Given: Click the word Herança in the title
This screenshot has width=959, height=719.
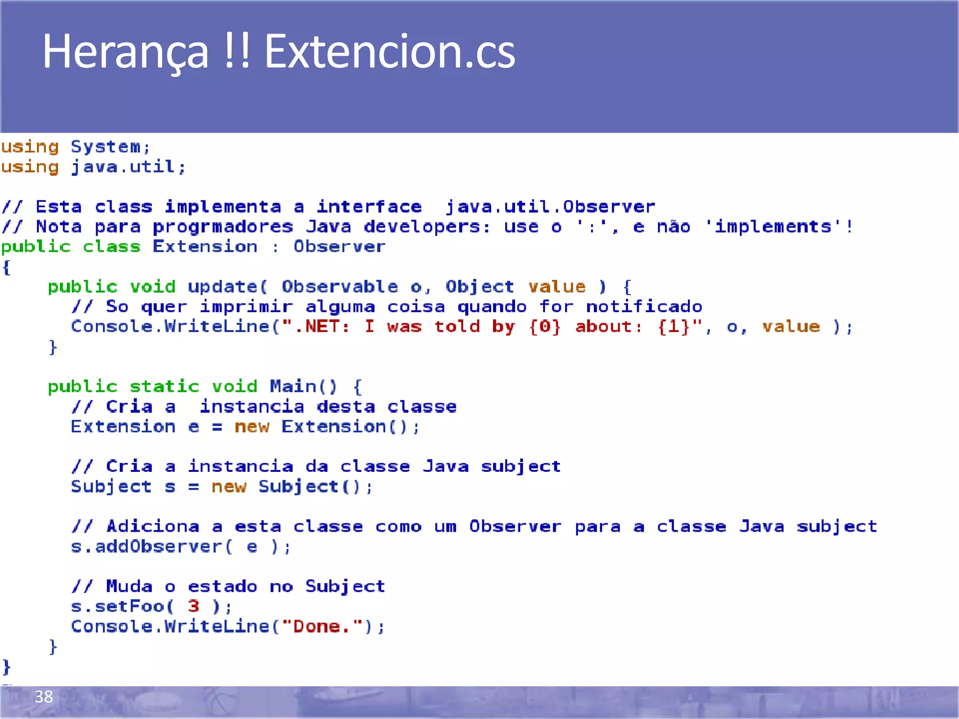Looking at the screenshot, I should (x=125, y=51).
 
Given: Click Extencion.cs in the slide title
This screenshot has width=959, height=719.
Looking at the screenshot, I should (x=390, y=51).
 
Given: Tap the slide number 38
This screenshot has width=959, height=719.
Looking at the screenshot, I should (x=44, y=697).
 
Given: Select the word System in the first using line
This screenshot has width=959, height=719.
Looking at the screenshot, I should (x=105, y=147).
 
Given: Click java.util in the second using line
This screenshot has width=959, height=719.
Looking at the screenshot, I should (x=123, y=167).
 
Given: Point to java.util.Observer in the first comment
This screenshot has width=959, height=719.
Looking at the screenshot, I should (x=550, y=207).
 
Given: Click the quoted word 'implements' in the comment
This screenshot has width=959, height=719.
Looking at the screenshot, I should (x=773, y=227).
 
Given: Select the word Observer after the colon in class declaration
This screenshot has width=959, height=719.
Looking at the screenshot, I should (x=339, y=247).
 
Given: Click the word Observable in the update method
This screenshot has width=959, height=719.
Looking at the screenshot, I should (x=339, y=286).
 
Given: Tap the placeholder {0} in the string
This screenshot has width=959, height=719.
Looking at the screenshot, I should (x=545, y=327).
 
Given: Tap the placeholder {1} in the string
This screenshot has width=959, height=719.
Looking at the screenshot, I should (x=674, y=327).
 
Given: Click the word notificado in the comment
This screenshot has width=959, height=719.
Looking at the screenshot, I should (x=644, y=307).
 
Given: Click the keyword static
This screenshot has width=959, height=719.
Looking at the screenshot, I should (x=164, y=387).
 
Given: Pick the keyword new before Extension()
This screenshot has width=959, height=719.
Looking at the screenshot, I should (x=252, y=427).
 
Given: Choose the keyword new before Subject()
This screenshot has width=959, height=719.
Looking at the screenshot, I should (x=229, y=487).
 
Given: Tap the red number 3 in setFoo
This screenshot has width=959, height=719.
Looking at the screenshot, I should (x=193, y=607).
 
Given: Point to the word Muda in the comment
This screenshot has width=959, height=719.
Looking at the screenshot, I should (x=129, y=587).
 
